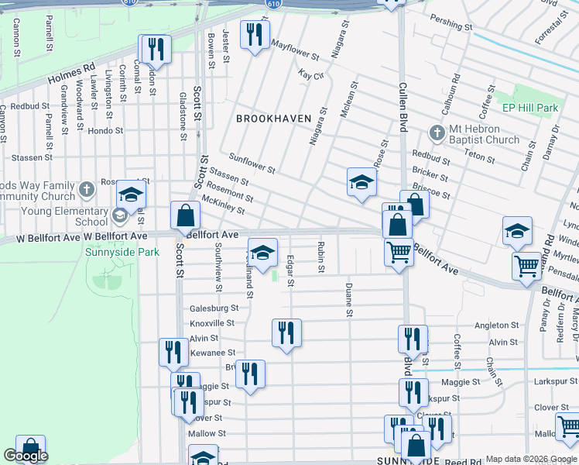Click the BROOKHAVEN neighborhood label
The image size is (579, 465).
pos(273,119)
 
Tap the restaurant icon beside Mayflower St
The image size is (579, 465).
pos(254,35)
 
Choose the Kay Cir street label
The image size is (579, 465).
pos(310,75)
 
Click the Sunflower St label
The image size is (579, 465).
pos(252,163)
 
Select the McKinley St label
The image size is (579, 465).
pos(223,205)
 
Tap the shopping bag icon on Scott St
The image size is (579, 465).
pos(186,216)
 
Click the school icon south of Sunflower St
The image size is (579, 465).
pos(361,183)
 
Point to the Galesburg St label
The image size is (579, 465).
pos(213,308)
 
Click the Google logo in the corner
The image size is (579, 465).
pos(26,456)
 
